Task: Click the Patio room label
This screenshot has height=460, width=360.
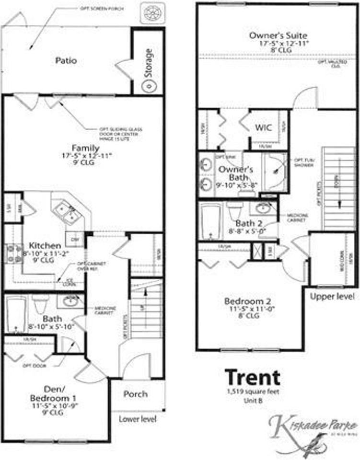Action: (66, 61)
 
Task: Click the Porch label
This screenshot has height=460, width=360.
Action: (136, 394)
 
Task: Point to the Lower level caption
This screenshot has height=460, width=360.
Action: (138, 419)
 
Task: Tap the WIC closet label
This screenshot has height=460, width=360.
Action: (263, 127)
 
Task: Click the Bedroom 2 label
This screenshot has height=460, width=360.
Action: (248, 301)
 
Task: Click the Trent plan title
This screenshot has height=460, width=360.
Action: (253, 378)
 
